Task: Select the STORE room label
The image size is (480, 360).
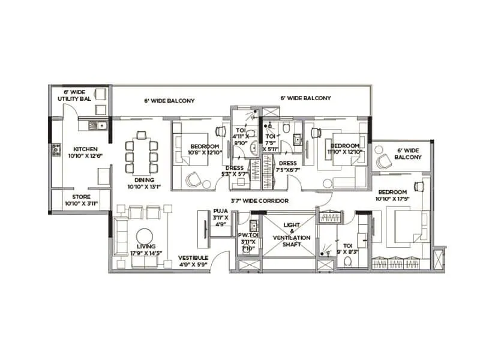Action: [x=82, y=197]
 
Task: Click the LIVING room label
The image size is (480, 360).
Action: [x=146, y=247]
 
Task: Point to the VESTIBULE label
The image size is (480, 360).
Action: [x=193, y=259]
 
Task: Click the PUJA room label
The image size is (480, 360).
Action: [x=220, y=211]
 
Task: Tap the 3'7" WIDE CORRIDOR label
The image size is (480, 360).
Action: [x=259, y=200]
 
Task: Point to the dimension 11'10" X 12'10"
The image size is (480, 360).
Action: [x=344, y=152]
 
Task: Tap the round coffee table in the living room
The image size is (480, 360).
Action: [x=145, y=235]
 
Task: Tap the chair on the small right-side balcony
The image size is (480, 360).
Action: [x=382, y=158]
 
